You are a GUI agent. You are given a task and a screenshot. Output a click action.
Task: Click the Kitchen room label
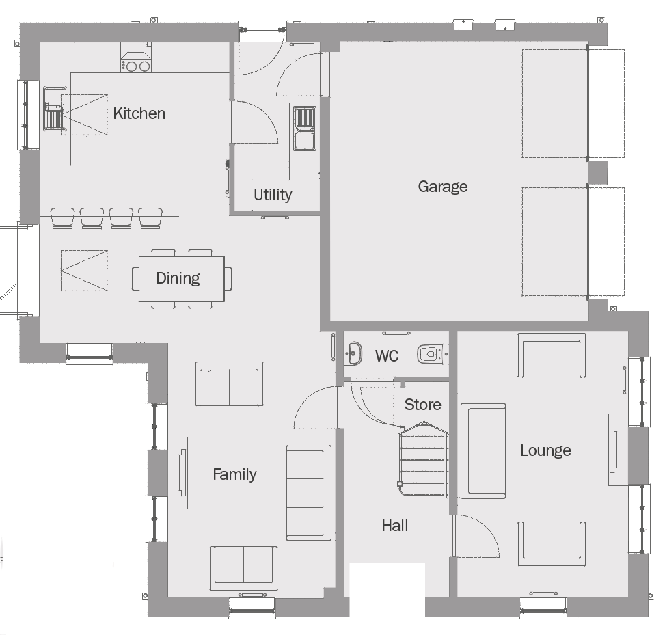139,113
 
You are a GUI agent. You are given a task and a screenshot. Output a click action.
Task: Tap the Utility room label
273,195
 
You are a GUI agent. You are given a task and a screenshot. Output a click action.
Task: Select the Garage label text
443,186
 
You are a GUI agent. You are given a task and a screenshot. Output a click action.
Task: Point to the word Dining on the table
178,278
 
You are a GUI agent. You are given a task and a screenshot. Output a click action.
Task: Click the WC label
387,356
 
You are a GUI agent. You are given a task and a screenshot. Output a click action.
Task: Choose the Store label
423,405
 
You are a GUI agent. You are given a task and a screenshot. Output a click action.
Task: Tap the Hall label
395,526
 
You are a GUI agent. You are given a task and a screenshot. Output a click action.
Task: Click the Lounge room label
545,450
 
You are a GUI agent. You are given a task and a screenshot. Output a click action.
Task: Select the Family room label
234,474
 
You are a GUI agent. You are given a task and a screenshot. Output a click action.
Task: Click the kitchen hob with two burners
136,66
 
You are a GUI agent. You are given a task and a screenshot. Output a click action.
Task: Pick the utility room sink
305,128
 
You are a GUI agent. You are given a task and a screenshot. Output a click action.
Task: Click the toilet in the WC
433,354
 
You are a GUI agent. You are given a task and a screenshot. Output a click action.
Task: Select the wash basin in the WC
353,353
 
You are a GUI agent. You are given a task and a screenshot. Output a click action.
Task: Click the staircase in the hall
423,459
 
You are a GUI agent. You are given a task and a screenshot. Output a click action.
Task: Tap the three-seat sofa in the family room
306,493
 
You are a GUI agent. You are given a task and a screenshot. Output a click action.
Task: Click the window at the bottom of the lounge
543,607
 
